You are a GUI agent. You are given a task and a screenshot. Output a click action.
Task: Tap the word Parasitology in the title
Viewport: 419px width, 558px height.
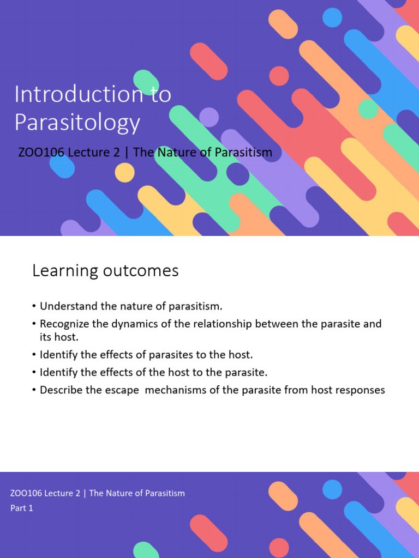77,123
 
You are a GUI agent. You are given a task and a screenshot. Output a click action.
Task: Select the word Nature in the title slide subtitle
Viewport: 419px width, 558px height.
177,153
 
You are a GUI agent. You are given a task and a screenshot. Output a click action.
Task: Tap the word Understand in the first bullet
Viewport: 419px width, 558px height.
67,306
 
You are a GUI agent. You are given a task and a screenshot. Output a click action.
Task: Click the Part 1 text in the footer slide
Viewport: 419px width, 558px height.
22,508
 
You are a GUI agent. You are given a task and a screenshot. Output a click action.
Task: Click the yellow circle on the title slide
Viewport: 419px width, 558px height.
124,173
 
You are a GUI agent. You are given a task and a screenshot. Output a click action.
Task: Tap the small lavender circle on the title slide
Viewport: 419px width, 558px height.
208,117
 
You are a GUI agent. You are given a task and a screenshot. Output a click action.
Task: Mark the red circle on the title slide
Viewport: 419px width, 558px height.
279,76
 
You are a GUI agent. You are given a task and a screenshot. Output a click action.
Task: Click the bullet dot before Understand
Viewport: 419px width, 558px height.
34,307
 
